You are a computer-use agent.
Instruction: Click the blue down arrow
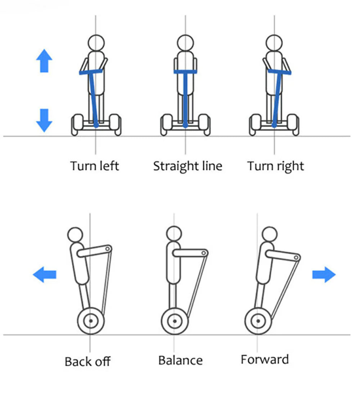[44, 120]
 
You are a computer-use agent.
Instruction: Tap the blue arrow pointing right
[324, 275]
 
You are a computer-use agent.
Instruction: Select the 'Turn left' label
[94, 166]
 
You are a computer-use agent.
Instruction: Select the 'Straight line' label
[188, 166]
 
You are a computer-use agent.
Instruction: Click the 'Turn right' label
[275, 166]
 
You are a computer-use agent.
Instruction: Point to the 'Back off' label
[87, 361]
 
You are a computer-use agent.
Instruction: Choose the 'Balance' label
[180, 360]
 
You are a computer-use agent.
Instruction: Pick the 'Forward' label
[265, 359]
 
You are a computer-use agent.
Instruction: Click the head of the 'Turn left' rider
[96, 42]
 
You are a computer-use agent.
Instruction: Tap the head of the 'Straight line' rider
[185, 42]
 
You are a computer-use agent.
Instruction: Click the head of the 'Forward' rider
[269, 234]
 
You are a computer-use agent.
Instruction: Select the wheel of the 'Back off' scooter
[91, 320]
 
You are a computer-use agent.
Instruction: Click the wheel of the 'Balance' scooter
[175, 321]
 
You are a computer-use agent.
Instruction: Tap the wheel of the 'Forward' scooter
[258, 320]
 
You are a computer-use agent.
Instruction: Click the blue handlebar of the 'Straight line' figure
[185, 72]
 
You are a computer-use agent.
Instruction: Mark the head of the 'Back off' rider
[75, 235]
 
